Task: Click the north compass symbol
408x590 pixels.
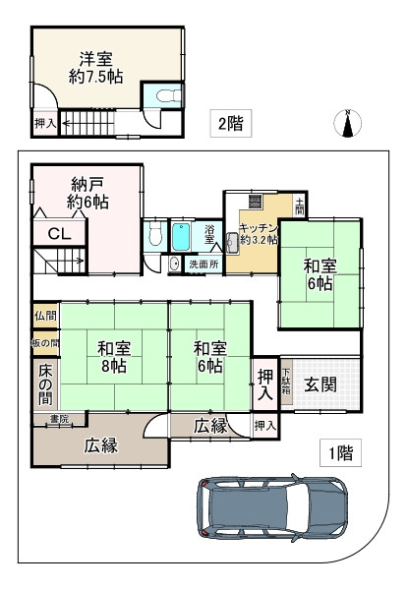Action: coord(348,123)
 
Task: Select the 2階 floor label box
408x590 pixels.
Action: coord(230,123)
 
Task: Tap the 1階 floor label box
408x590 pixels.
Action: coord(341,452)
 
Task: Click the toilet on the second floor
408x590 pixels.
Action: coord(168,95)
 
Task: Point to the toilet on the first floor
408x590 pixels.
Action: coord(154,233)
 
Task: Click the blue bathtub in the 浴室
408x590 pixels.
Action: coord(181,237)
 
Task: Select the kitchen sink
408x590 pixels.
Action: coord(232,244)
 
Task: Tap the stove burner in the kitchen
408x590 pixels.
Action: coord(256,201)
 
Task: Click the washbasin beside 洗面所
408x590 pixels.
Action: coord(174,264)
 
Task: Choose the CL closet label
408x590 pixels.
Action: coord(59,234)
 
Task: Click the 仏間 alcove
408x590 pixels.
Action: coord(45,316)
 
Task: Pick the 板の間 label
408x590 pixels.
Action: coord(45,343)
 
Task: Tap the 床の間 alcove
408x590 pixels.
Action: coord(45,383)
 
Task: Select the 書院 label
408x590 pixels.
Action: coord(59,419)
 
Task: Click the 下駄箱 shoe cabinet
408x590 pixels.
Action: coord(286,382)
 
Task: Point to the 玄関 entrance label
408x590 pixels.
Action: coord(321,384)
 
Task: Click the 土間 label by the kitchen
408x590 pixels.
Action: coord(299,206)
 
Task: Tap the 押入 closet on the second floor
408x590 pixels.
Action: coord(45,123)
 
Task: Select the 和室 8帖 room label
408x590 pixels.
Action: coord(114,357)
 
